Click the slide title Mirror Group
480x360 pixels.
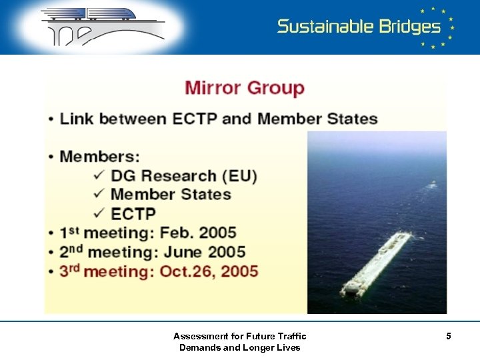pyautogui.click(x=244, y=88)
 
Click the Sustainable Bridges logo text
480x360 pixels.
pyautogui.click(x=359, y=27)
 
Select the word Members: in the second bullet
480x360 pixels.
pyautogui.click(x=100, y=157)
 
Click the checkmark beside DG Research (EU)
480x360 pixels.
pyautogui.click(x=99, y=175)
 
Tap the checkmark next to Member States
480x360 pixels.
pyautogui.click(x=99, y=194)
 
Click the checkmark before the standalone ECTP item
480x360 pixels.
pyautogui.click(x=99, y=213)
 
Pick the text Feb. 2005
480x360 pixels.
pyautogui.click(x=203, y=233)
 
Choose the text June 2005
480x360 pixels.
pyautogui.click(x=208, y=252)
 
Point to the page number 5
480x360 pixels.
pyautogui.click(x=449, y=337)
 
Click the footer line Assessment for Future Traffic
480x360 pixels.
pyautogui.click(x=239, y=336)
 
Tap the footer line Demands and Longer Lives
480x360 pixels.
pyautogui.click(x=239, y=347)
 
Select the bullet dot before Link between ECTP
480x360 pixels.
pyautogui.click(x=51, y=120)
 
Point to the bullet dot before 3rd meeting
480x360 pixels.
pyautogui.click(x=51, y=272)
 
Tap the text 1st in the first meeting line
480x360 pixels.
pyautogui.click(x=69, y=233)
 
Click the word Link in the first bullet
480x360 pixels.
pyautogui.click(x=76, y=119)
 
